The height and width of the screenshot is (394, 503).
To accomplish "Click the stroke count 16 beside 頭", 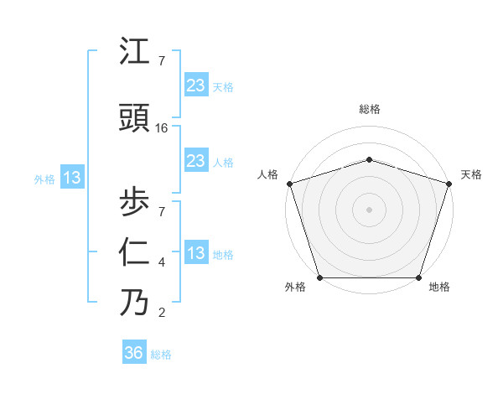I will tap(162, 128).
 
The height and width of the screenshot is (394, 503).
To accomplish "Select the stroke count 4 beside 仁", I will tap(162, 262).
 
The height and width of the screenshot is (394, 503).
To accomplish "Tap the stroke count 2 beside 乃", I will tap(162, 314).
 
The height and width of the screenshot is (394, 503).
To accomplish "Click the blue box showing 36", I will tap(134, 354).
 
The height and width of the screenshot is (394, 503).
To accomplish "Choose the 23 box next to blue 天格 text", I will tap(196, 85).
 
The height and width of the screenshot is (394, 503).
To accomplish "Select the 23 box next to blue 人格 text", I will tap(196, 161).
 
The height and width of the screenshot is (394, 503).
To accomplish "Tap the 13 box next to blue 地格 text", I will tap(196, 253).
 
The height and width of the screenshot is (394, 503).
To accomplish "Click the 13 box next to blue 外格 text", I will tap(71, 178).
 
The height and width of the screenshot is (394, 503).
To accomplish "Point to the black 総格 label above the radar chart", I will tap(370, 109).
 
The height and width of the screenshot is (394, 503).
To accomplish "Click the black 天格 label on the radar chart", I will tap(472, 174).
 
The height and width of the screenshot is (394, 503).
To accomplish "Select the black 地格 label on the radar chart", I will tap(439, 288).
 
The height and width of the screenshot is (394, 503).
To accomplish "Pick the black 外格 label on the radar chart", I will tap(295, 288).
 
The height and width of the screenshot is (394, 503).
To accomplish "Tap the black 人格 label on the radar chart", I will tap(267, 174).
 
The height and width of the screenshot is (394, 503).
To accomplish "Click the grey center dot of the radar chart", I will tap(370, 210).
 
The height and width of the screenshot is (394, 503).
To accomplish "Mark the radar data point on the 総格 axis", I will tap(370, 159).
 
